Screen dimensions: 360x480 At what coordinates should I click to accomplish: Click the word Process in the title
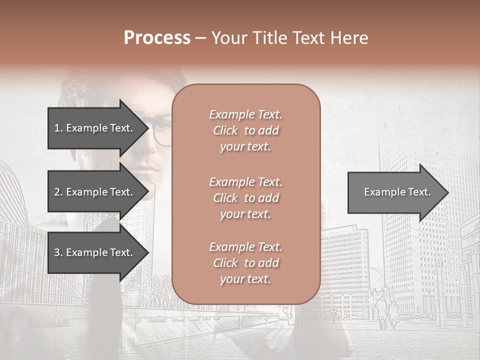click(x=157, y=38)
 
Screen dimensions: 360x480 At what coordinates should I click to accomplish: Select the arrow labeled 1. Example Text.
click(x=95, y=128)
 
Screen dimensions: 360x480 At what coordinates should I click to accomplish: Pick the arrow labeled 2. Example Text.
click(x=95, y=192)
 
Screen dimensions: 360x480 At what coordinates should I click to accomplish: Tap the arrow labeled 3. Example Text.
click(x=95, y=252)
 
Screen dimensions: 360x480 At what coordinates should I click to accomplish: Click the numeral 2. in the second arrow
click(x=58, y=192)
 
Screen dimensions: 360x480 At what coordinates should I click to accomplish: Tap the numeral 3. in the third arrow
click(x=58, y=252)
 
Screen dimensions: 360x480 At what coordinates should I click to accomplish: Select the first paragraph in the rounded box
click(x=245, y=130)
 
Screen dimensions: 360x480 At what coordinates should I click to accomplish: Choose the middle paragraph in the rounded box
click(x=245, y=198)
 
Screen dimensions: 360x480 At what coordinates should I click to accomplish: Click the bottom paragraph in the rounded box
click(x=245, y=263)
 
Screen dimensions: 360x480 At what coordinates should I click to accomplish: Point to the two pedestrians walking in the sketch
click(x=387, y=310)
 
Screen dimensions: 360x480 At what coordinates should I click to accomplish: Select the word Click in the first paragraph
click(x=225, y=130)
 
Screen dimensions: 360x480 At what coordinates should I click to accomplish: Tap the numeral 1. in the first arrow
click(x=58, y=128)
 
